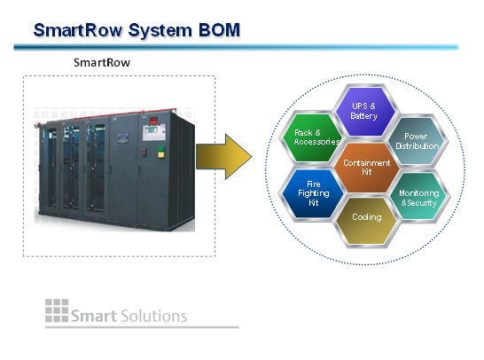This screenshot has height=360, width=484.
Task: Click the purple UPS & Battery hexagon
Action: tap(365, 112)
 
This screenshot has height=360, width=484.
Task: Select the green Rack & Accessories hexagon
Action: tap(311, 137)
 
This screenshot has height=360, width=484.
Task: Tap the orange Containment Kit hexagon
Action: tap(366, 168)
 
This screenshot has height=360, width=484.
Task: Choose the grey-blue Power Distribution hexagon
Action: tap(418, 141)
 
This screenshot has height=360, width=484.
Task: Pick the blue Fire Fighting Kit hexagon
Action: tap(313, 193)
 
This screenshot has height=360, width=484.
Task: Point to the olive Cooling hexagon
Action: tap(366, 221)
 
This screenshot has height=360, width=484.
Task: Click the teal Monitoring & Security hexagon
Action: tap(419, 196)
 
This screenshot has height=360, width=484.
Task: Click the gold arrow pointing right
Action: tap(224, 157)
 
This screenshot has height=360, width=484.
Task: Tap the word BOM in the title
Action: tap(219, 30)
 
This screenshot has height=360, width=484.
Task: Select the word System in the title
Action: tap(160, 31)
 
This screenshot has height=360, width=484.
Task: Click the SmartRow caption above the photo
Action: tap(102, 63)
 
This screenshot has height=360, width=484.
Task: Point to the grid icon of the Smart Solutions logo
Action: tap(57, 310)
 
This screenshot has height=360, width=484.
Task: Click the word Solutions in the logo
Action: tap(153, 316)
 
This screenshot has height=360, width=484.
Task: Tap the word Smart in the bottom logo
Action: tap(94, 317)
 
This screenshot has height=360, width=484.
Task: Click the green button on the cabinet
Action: tap(161, 148)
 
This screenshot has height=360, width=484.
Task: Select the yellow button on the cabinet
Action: tap(161, 154)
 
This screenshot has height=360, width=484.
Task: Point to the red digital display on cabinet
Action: tap(153, 120)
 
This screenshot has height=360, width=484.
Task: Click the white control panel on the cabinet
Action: tap(153, 132)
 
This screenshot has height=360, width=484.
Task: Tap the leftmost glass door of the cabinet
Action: tap(51, 168)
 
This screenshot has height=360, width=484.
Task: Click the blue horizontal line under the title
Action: tap(237, 47)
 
